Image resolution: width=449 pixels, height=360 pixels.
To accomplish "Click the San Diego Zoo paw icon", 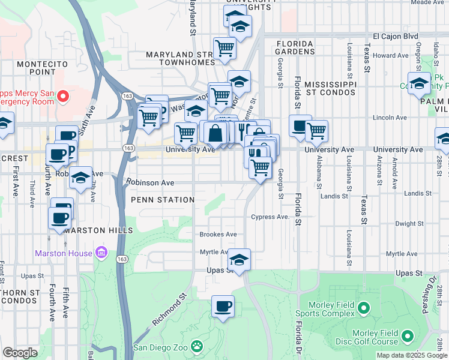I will click(196, 346).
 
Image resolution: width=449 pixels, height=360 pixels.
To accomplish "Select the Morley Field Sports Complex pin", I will click(363, 308).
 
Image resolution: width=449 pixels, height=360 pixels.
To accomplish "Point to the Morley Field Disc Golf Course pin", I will click(408, 337).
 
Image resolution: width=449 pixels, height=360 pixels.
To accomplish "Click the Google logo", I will click(20, 352).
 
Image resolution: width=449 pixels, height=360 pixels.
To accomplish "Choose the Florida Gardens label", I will click(295, 47).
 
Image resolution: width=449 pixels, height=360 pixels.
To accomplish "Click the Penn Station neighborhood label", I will click(163, 200).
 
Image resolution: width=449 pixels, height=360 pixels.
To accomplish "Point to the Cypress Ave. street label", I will click(270, 217).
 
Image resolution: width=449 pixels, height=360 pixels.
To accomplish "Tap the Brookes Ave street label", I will click(218, 235).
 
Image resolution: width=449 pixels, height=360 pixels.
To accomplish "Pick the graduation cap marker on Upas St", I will click(239, 260).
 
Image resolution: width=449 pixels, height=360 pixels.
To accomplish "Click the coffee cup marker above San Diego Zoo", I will click(223, 307).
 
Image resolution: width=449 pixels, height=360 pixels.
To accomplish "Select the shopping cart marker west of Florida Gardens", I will click(224, 48).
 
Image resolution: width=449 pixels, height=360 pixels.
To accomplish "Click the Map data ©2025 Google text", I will click(411, 355).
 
